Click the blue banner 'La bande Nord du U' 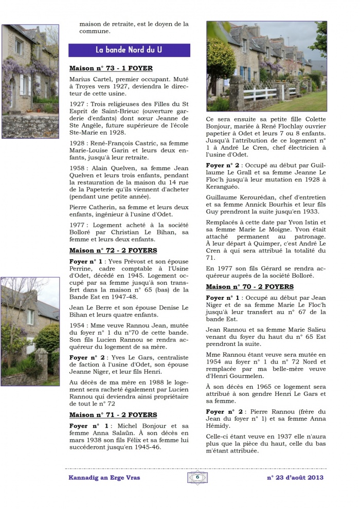pos(129,50)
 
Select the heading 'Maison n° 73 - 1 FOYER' pos(111,68)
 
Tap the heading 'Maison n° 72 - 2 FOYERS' pos(113,250)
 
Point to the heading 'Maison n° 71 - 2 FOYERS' pos(113,415)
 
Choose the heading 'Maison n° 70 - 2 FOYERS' pos(250,286)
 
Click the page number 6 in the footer pos(197,477)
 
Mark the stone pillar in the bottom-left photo pos(42,365)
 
